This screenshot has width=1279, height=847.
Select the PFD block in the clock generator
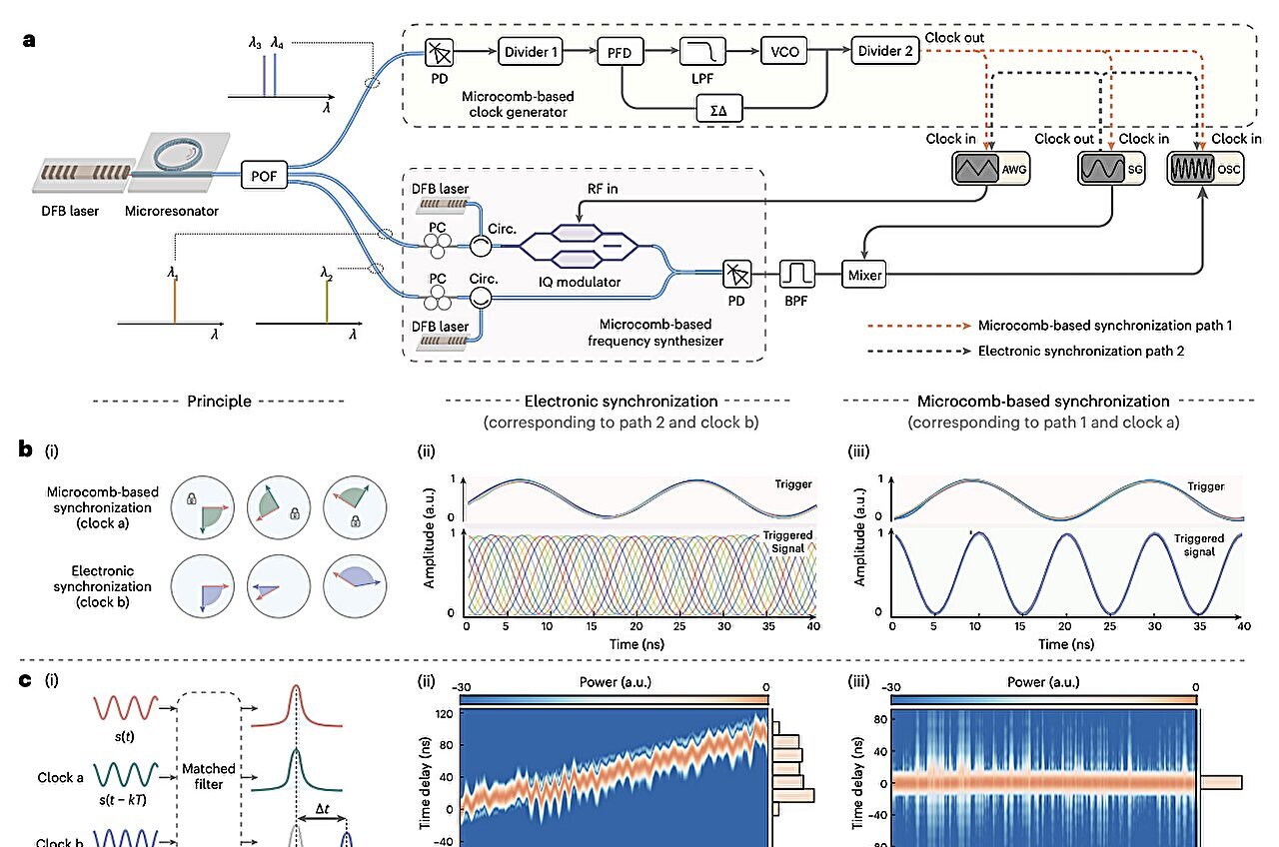pos(621,51)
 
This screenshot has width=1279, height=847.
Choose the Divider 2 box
pos(884,51)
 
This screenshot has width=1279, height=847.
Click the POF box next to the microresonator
pos(265,178)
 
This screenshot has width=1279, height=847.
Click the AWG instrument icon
pos(988,170)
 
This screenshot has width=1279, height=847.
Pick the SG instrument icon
pos(1107,170)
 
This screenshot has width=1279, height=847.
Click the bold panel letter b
pos(27,449)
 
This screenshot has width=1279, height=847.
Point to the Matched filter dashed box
pos(209,769)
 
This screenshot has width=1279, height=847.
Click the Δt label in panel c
pos(322,815)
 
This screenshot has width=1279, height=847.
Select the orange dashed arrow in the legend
pos(919,325)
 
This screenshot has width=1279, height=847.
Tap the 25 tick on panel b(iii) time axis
pos(1108,626)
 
